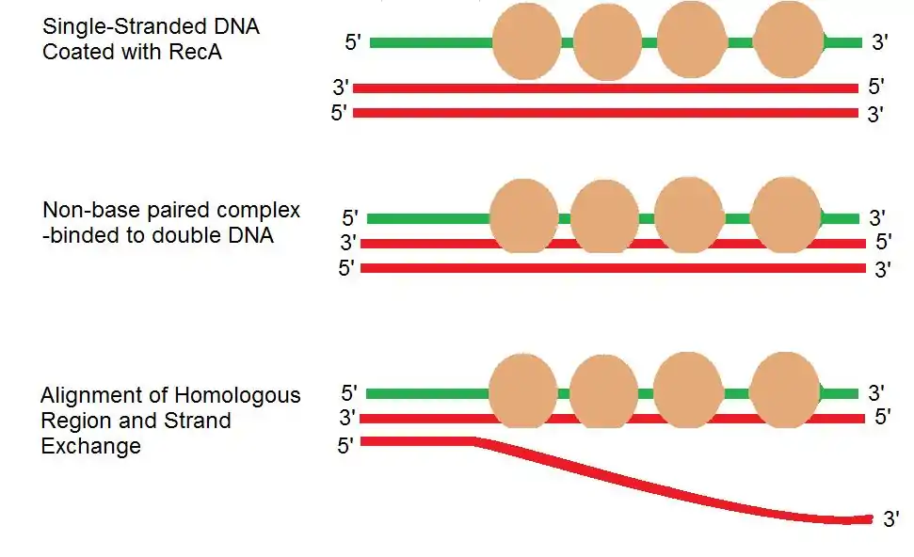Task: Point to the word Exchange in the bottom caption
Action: [90, 445]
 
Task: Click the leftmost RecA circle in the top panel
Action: [526, 41]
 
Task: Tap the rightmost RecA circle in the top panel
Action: [789, 41]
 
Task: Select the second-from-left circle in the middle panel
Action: [605, 217]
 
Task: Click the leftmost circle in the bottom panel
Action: [523, 391]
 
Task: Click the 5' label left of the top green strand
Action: [352, 42]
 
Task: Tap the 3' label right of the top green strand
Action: [880, 42]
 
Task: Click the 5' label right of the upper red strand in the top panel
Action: [876, 88]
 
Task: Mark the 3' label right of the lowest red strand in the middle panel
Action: [883, 270]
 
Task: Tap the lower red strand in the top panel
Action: [602, 113]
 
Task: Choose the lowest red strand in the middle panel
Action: [612, 268]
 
